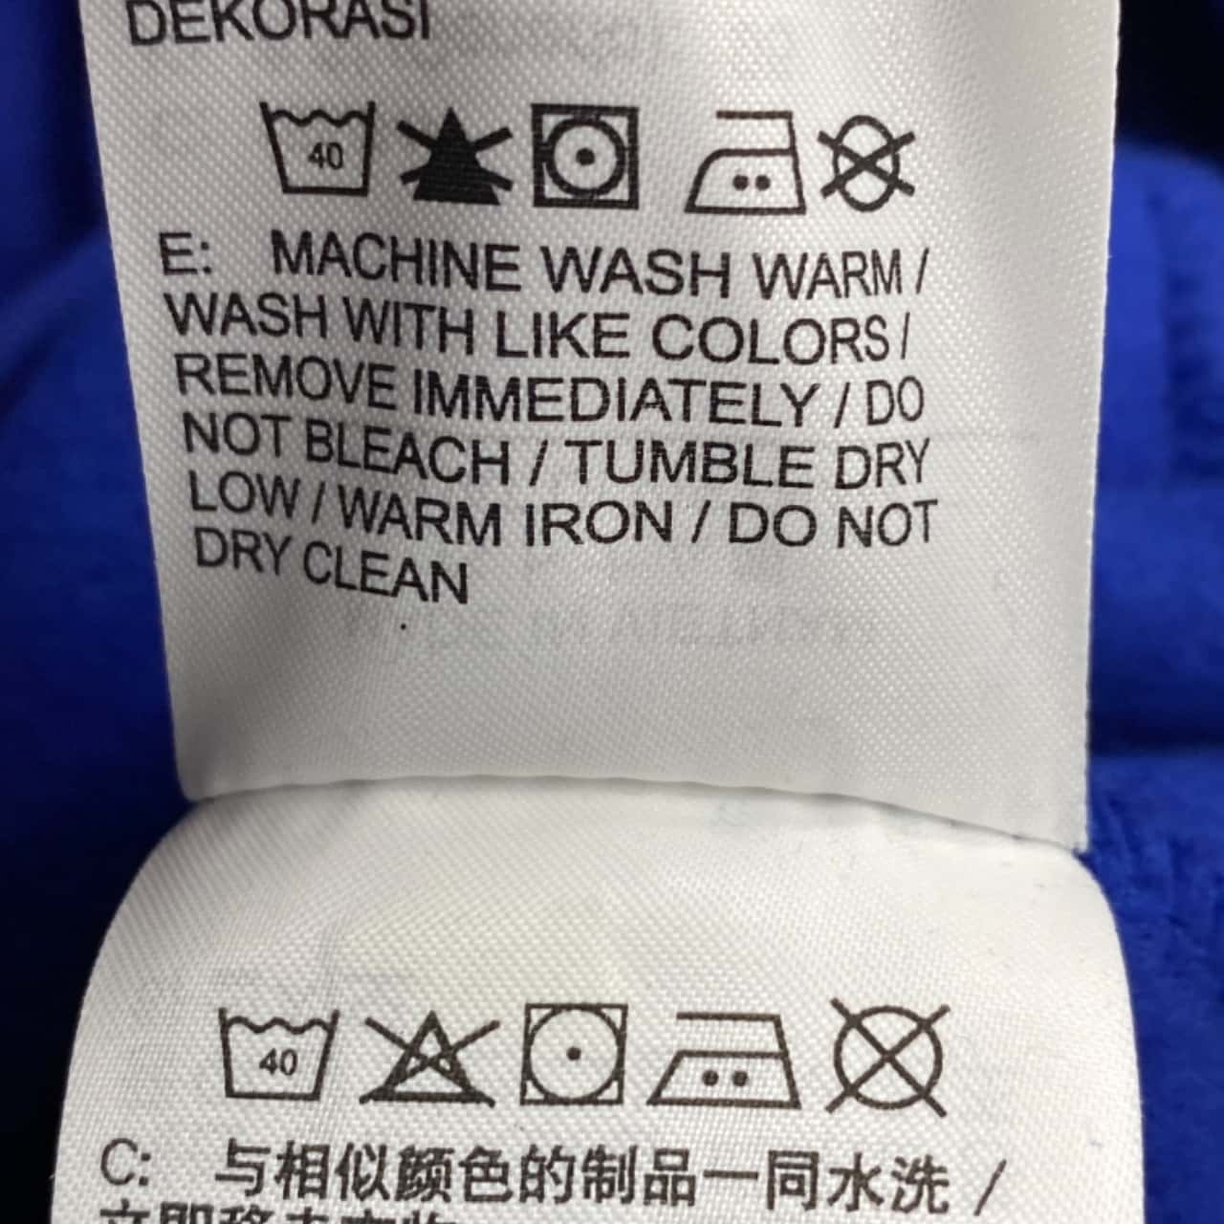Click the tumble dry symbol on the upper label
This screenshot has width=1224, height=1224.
point(585,157)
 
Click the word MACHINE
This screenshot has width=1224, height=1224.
point(397,262)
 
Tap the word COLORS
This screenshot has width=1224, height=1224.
point(770,336)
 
